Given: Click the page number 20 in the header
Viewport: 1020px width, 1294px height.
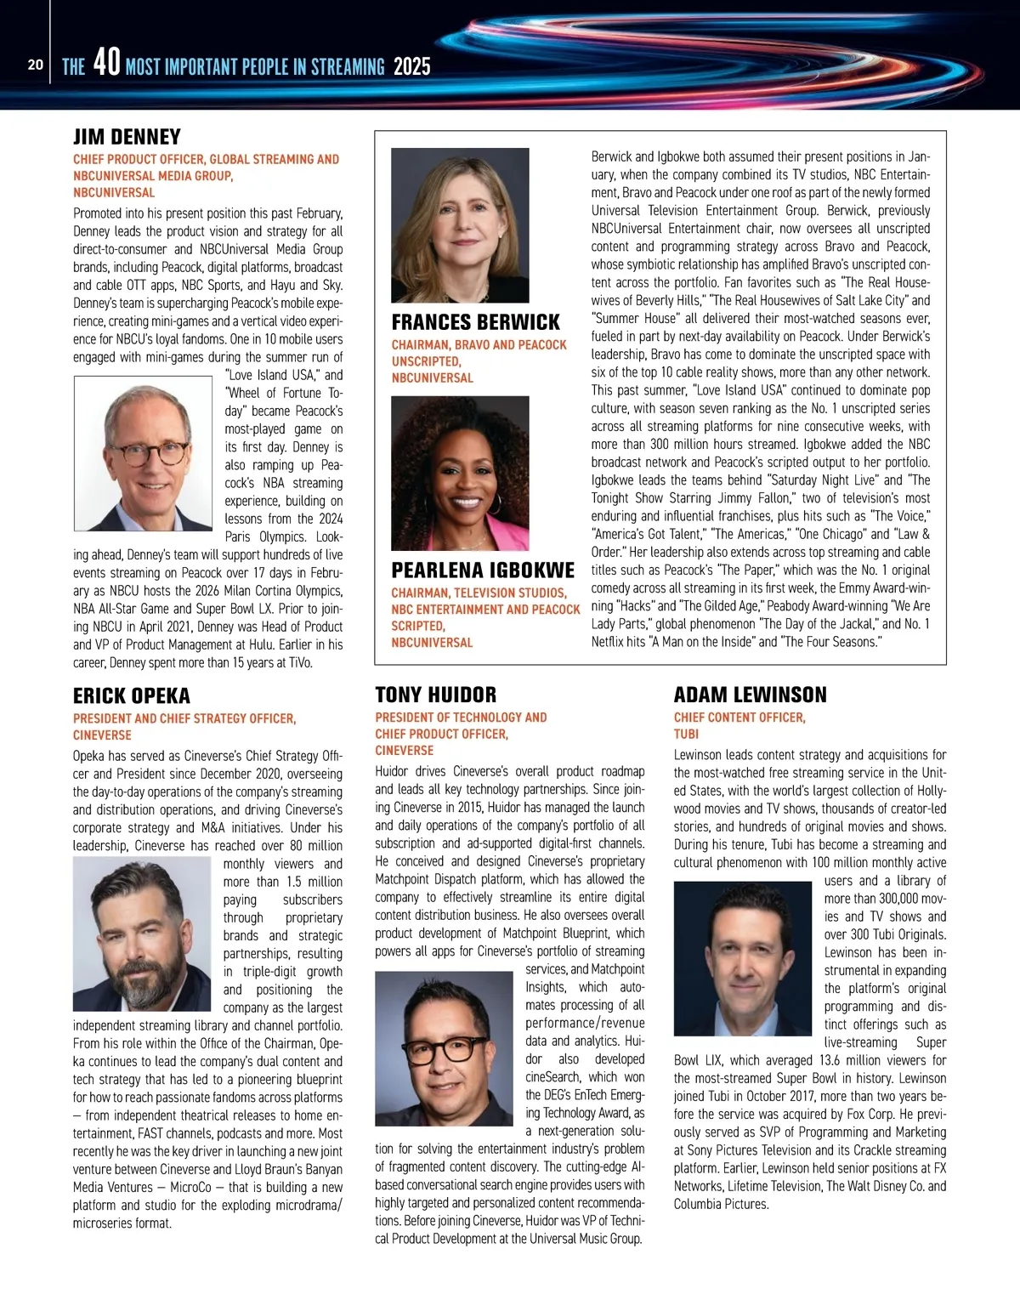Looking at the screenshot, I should (x=35, y=65).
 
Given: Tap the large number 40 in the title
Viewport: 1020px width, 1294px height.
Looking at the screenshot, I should (x=106, y=63).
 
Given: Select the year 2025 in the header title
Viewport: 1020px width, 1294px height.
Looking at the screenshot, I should (x=412, y=66).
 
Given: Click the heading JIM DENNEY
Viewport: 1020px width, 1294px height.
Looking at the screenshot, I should (x=127, y=137).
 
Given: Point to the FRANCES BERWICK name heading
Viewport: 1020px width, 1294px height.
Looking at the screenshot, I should (x=475, y=322).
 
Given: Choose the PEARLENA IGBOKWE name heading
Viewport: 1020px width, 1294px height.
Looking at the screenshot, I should (x=483, y=570).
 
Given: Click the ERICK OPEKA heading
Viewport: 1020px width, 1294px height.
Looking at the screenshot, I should (x=132, y=695).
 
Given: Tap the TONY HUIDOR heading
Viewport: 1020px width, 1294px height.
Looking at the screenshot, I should (x=436, y=695).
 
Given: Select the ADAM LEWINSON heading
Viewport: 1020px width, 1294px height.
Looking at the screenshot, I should (x=750, y=695).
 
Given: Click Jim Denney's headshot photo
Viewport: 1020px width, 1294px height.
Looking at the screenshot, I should (x=143, y=454).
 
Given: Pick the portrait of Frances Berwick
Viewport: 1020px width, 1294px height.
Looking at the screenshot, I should (x=460, y=225).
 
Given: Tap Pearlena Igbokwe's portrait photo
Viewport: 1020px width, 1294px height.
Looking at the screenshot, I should (x=460, y=473).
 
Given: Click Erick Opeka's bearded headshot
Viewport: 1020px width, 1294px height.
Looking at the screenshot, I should (x=141, y=934).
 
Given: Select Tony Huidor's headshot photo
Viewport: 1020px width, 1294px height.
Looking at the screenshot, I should (x=444, y=1048).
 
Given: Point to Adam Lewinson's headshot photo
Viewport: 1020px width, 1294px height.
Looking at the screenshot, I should (x=742, y=957).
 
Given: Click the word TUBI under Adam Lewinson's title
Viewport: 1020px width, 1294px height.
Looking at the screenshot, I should (x=686, y=734).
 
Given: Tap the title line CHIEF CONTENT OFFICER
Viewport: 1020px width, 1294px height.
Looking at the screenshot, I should (x=739, y=718).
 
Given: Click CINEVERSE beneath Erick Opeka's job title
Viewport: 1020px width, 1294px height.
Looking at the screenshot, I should (x=102, y=735).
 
